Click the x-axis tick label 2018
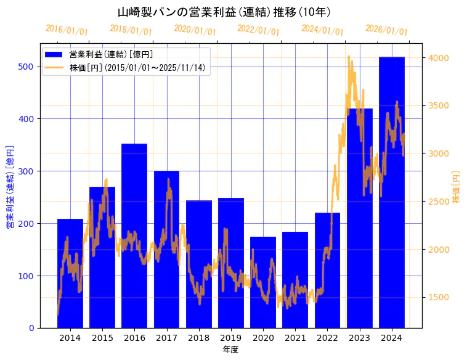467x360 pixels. click(199, 338)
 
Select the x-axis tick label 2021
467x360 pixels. click(295, 338)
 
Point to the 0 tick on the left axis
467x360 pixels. click(31, 328)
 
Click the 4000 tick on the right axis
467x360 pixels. click(439, 58)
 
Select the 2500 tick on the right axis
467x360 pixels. click(439, 202)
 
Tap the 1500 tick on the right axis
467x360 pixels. click(439, 298)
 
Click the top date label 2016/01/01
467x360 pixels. click(67, 30)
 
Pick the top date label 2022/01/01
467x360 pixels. click(259, 30)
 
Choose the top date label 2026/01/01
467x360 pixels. click(386, 30)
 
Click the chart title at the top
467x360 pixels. click(225, 12)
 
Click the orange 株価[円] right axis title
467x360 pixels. click(457, 187)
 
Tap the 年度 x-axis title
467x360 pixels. click(230, 350)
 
